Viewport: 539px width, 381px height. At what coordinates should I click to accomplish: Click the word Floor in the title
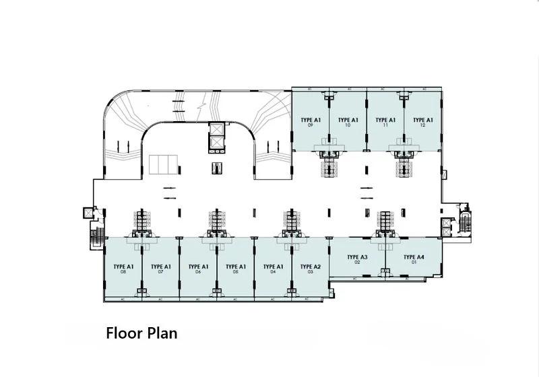pyautogui.click(x=123, y=333)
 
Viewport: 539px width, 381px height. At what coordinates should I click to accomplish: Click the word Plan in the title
pyautogui.click(x=162, y=333)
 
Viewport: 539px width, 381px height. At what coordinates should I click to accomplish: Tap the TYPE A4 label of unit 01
pyautogui.click(x=414, y=257)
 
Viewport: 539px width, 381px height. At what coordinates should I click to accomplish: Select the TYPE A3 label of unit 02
pyautogui.click(x=357, y=257)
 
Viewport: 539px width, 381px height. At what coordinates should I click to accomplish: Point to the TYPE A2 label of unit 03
pyautogui.click(x=311, y=267)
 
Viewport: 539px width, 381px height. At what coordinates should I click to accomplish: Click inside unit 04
pyautogui.click(x=273, y=269)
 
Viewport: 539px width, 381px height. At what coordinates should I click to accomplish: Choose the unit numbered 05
pyautogui.click(x=235, y=269)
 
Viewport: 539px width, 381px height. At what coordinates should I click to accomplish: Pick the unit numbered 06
pyautogui.click(x=198, y=269)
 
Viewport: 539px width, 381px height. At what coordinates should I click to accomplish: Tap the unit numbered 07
pyautogui.click(x=161, y=269)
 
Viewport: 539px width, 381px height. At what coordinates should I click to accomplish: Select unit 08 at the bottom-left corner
pyautogui.click(x=123, y=269)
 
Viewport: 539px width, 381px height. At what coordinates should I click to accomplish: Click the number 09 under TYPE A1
pyautogui.click(x=311, y=126)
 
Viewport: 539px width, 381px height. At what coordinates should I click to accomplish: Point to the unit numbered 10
pyautogui.click(x=348, y=123)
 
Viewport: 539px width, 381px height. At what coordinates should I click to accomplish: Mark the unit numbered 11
pyautogui.click(x=385, y=123)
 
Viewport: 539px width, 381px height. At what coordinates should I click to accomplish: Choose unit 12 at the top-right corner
pyautogui.click(x=422, y=123)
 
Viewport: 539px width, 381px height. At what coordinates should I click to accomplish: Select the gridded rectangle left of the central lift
pyautogui.click(x=161, y=164)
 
